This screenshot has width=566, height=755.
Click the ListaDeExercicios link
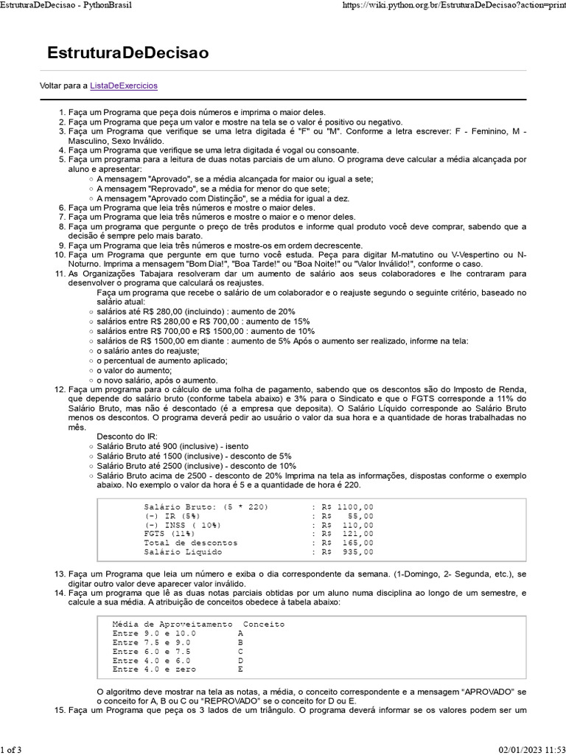pos(124,86)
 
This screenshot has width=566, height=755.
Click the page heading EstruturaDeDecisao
pos(127,53)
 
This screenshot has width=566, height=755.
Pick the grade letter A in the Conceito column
pos(240,633)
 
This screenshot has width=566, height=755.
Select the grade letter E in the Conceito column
pos(240,669)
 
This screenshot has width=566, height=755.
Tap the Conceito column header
pos(264,624)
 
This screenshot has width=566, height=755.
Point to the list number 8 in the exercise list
pos(63,227)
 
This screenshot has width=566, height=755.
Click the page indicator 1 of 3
pos(12,750)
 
